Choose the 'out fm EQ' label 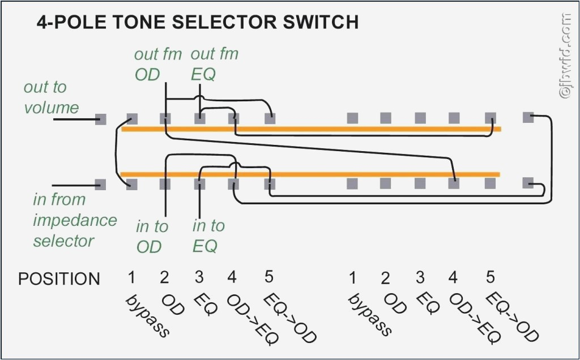[x=214, y=64]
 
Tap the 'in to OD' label [x=151, y=237]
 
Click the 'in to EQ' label [x=208, y=236]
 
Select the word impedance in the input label [x=75, y=220]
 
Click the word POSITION [x=59, y=279]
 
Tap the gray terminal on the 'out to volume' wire [x=100, y=119]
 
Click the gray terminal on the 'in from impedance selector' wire [x=100, y=184]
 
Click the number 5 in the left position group [x=269, y=277]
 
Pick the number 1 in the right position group [x=352, y=278]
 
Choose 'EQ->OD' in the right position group [x=513, y=317]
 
